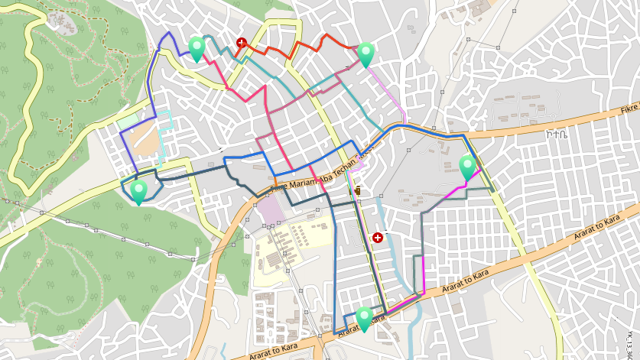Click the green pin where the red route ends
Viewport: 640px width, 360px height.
(366, 54)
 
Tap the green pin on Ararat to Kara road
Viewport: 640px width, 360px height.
(364, 318)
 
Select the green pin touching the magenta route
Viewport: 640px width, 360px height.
(467, 166)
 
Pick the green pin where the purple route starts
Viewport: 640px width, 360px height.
(197, 47)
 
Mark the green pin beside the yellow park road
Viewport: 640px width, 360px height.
(138, 190)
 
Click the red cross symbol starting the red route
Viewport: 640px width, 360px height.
(242, 43)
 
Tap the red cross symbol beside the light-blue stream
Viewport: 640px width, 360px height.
(377, 238)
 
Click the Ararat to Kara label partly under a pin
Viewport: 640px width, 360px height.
(356, 327)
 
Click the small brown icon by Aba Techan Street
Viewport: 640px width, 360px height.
(357, 189)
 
